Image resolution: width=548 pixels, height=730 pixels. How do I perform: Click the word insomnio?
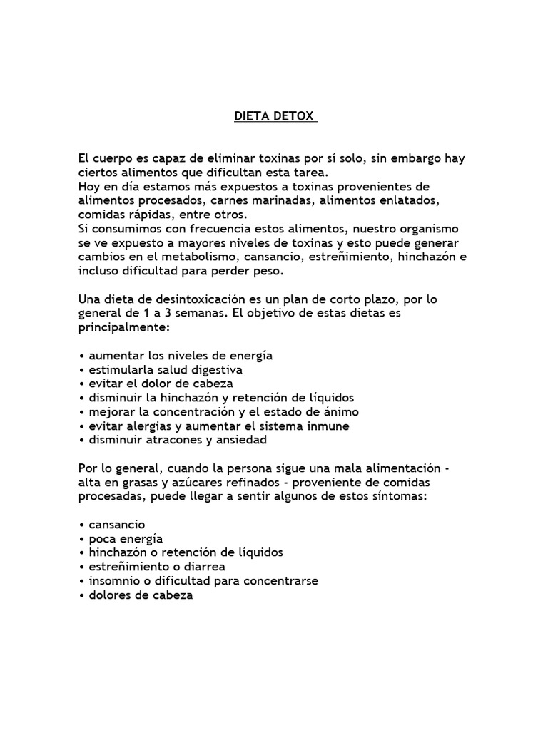coord(112,580)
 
